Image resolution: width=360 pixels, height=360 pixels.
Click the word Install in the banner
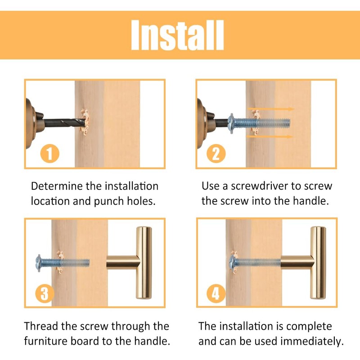[177, 35]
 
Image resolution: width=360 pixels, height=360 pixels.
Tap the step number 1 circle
[50, 153]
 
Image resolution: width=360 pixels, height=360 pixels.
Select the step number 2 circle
[216, 153]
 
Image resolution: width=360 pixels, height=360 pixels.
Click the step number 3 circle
[45, 293]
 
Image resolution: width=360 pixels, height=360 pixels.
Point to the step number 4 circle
[216, 293]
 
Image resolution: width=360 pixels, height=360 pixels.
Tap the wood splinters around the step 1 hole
[85, 122]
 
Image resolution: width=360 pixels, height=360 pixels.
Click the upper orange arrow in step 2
[271, 109]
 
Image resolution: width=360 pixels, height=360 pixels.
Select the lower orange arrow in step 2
[270, 137]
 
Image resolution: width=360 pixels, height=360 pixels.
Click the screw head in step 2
[231, 123]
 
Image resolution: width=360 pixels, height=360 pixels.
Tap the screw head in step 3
[39, 263]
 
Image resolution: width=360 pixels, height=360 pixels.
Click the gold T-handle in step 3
[130, 262]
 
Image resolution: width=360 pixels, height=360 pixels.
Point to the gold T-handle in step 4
[303, 262]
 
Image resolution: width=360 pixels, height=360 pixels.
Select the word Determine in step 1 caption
[57, 186]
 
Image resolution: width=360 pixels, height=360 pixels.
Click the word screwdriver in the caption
[260, 186]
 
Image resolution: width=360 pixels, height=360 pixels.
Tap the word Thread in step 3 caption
[40, 326]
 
